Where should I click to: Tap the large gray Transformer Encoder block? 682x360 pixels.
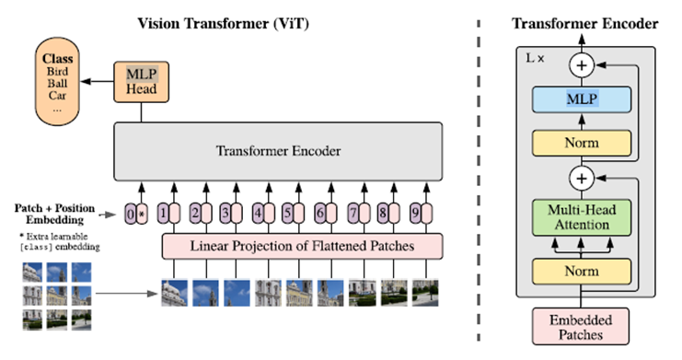point(279,151)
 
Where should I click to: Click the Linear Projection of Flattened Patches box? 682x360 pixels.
point(303,246)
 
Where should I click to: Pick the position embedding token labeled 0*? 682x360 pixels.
point(135,215)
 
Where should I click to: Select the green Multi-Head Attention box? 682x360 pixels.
point(580,218)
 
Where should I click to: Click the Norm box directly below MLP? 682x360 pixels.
point(580,143)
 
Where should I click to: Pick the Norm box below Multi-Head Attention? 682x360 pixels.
point(580,271)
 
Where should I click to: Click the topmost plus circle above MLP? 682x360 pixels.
point(580,64)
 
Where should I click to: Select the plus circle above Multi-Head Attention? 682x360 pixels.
point(580,177)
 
